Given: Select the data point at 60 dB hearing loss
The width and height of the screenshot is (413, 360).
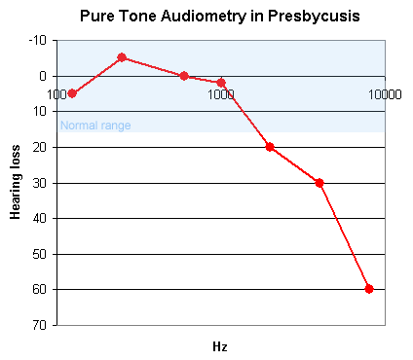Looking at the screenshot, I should pos(369,289).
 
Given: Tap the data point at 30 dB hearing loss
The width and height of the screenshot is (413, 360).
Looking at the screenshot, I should pos(319,183).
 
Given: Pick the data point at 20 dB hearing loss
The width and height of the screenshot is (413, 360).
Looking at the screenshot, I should pos(270,147).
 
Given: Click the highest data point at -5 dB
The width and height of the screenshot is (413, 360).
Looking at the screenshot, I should pos(122,57).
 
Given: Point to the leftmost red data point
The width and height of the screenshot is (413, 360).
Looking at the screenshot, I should pos(72,93).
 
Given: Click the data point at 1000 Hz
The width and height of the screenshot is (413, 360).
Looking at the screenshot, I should pos(221,83).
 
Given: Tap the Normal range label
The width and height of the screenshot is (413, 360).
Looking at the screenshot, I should pos(95,126).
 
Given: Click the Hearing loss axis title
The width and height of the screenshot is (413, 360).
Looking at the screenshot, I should pos(17,182).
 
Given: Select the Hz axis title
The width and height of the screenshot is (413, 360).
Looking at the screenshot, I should pos(220,346).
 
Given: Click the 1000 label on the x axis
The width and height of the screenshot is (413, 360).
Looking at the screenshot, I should pos(221,94).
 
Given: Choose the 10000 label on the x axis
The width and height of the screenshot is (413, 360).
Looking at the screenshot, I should pos(385,94).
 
